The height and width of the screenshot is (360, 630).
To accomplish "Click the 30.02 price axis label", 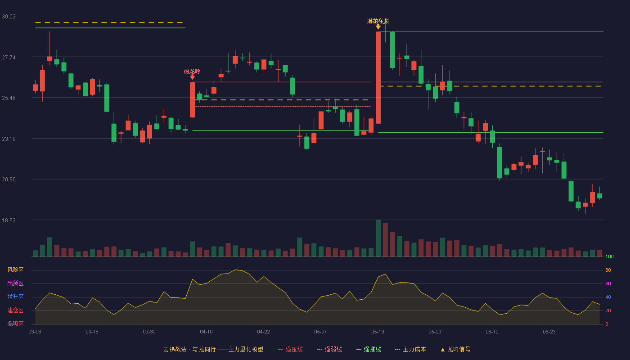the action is coord(9,17).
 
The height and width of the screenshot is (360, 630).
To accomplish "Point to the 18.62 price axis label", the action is coord(9,220).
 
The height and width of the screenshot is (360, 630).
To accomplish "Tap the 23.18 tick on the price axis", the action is coord(9,139).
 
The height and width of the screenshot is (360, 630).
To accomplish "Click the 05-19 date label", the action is coord(378,332).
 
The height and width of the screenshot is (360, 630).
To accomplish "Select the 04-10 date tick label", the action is coord(206,332).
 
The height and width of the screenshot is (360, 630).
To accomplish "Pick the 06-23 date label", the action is coord(549,332).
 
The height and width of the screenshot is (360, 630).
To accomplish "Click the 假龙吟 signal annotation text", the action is coord(192,72).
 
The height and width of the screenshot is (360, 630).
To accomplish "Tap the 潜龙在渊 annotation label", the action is coord(378,21).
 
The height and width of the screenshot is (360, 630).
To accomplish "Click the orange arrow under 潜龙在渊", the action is coord(378,27).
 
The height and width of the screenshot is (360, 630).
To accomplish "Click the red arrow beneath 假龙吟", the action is coord(193,77).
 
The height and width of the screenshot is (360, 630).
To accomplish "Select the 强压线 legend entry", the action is coord(290,349).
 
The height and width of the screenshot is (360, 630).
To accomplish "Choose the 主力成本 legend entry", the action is coord(410,349).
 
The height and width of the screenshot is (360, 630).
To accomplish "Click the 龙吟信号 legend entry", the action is coord(455,349).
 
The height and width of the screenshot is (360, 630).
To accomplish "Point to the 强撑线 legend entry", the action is coord(369,349).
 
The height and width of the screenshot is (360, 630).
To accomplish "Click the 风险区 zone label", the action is coord(15,270).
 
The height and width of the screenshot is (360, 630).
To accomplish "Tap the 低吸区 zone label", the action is coord(15,324).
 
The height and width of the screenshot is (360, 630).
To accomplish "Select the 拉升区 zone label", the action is coord(15,297).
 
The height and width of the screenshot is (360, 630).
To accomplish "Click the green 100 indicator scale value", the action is coord(609,256).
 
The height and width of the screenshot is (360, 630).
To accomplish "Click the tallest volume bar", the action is coord(378,238).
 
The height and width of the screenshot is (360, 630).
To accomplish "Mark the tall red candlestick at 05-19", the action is coord(378,77).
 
